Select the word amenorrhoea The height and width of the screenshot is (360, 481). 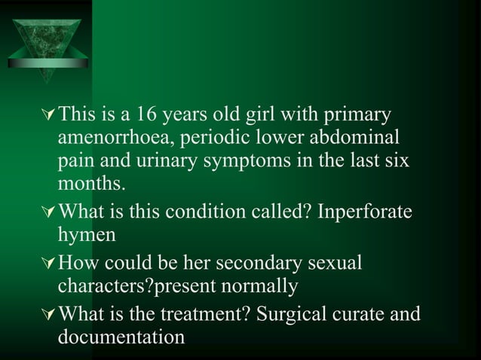(x=114, y=140)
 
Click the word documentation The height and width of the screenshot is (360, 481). (x=121, y=336)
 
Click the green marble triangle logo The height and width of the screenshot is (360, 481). (x=44, y=42)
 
